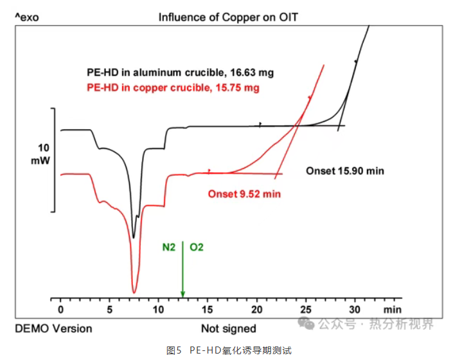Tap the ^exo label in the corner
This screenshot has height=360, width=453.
coord(26,17)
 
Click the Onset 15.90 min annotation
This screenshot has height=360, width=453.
coord(344,172)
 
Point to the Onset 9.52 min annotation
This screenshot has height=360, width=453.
coord(244,193)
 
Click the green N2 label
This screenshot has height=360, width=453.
coord(169,246)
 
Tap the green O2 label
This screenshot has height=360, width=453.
coord(197,246)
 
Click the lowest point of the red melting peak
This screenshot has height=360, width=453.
coord(134,292)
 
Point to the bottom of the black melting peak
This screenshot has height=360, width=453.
coord(134,237)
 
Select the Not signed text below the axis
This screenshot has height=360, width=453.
coord(229,328)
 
